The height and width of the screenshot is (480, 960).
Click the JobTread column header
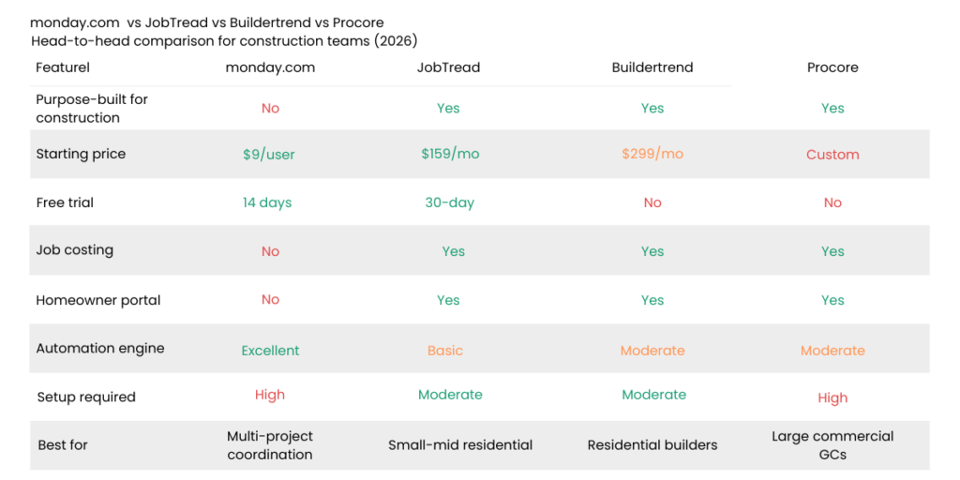pos(448,67)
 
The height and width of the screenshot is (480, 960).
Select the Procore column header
pos(832,67)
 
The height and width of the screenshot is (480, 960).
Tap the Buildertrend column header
pos(652,67)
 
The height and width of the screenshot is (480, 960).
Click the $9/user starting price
pos(269,155)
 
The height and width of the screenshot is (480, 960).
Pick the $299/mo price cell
pos(652,154)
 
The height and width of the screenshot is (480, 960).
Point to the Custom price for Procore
pos(832,155)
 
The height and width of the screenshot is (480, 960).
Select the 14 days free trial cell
pos(267,202)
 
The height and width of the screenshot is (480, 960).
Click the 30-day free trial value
pos(449,202)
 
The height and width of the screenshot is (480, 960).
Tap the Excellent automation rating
pos(270,351)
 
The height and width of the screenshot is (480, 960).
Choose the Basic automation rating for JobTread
pos(445,351)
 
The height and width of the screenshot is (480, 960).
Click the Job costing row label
pos(74,250)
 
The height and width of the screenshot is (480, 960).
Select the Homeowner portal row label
pos(98,300)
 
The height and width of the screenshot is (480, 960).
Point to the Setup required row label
pos(85,397)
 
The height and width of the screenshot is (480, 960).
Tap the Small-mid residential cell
pos(460,445)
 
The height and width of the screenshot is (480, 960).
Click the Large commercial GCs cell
pos(832,445)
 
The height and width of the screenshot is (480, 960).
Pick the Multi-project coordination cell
pos(270,445)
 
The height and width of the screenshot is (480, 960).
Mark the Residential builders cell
pos(652,445)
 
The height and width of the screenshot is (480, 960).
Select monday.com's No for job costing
pos(270,251)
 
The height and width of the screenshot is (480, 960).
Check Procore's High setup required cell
pos(832,397)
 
